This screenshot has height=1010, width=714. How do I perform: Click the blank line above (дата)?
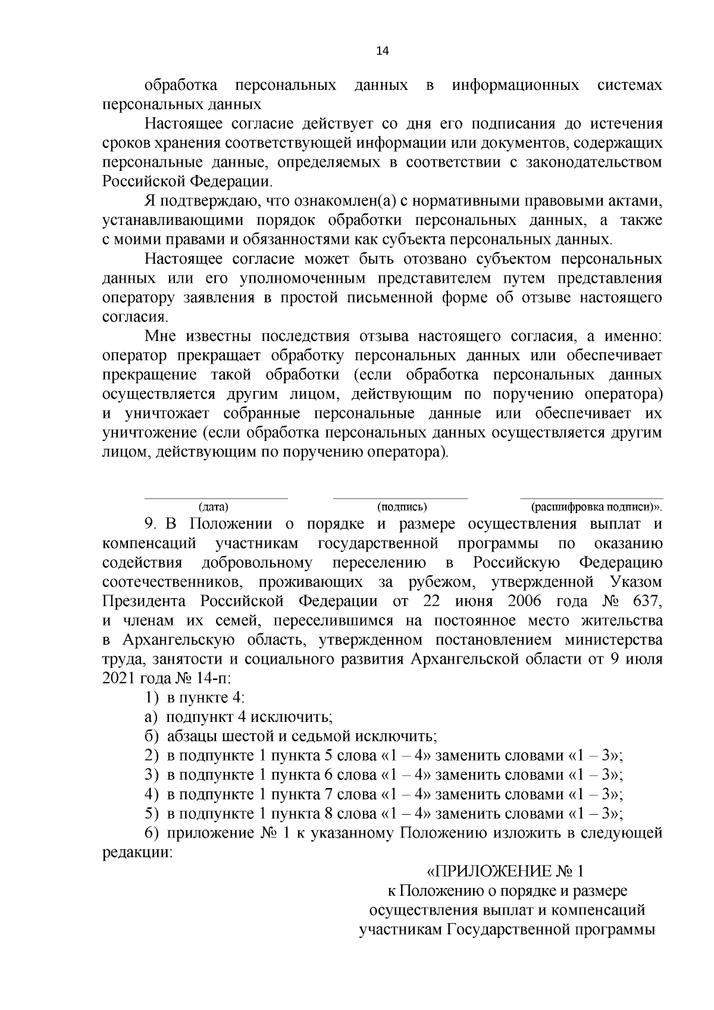pos(217,498)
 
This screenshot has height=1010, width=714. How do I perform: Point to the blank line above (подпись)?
pos(400,498)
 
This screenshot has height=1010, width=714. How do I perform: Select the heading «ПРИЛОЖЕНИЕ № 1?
pos(506,872)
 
